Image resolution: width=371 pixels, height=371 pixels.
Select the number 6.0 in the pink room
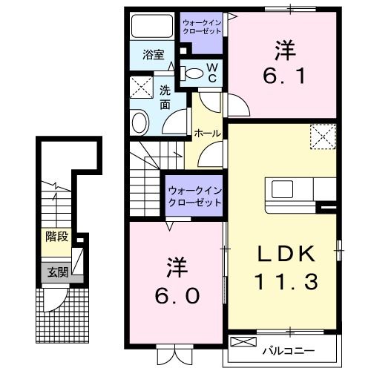pos(177,296)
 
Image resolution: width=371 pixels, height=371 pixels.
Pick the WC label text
pos(211,73)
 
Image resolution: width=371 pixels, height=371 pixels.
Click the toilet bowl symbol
pos(191,72)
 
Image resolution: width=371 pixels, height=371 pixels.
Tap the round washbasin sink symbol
pos(139,122)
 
